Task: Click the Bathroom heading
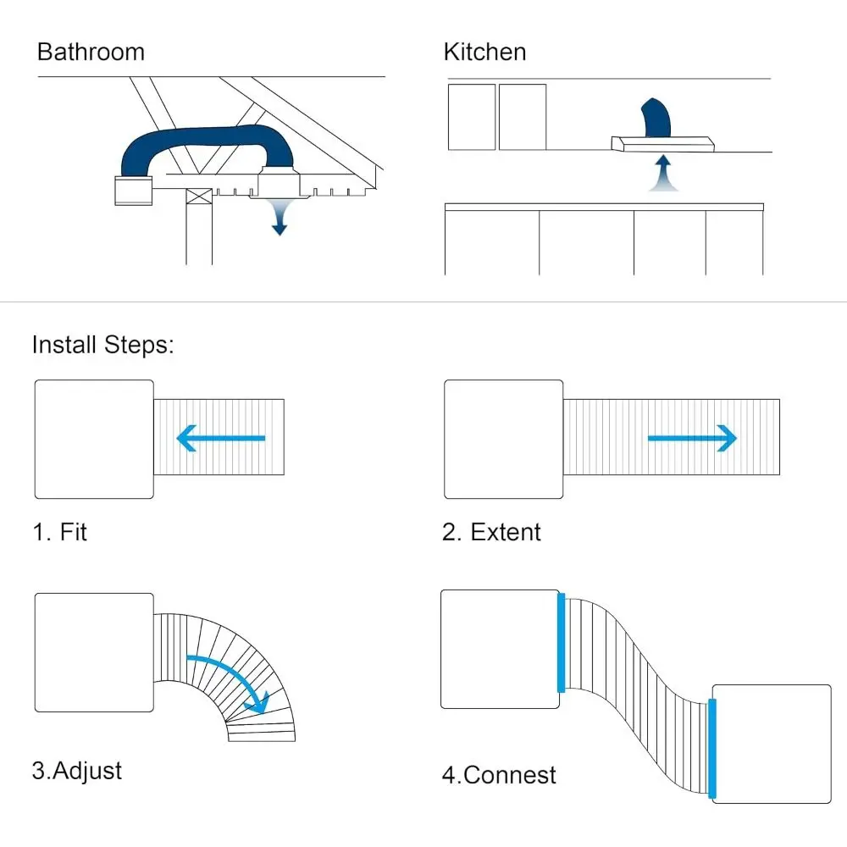(x=91, y=52)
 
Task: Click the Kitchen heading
(x=484, y=52)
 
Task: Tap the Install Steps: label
(x=102, y=346)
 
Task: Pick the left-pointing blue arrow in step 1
(x=220, y=438)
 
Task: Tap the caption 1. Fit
(x=59, y=532)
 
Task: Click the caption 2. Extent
(x=491, y=532)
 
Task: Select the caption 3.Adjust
(x=77, y=771)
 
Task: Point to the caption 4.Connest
(x=499, y=774)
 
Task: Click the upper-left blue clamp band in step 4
(x=561, y=644)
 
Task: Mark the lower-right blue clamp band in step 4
(x=712, y=750)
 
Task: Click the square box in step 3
(x=94, y=652)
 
